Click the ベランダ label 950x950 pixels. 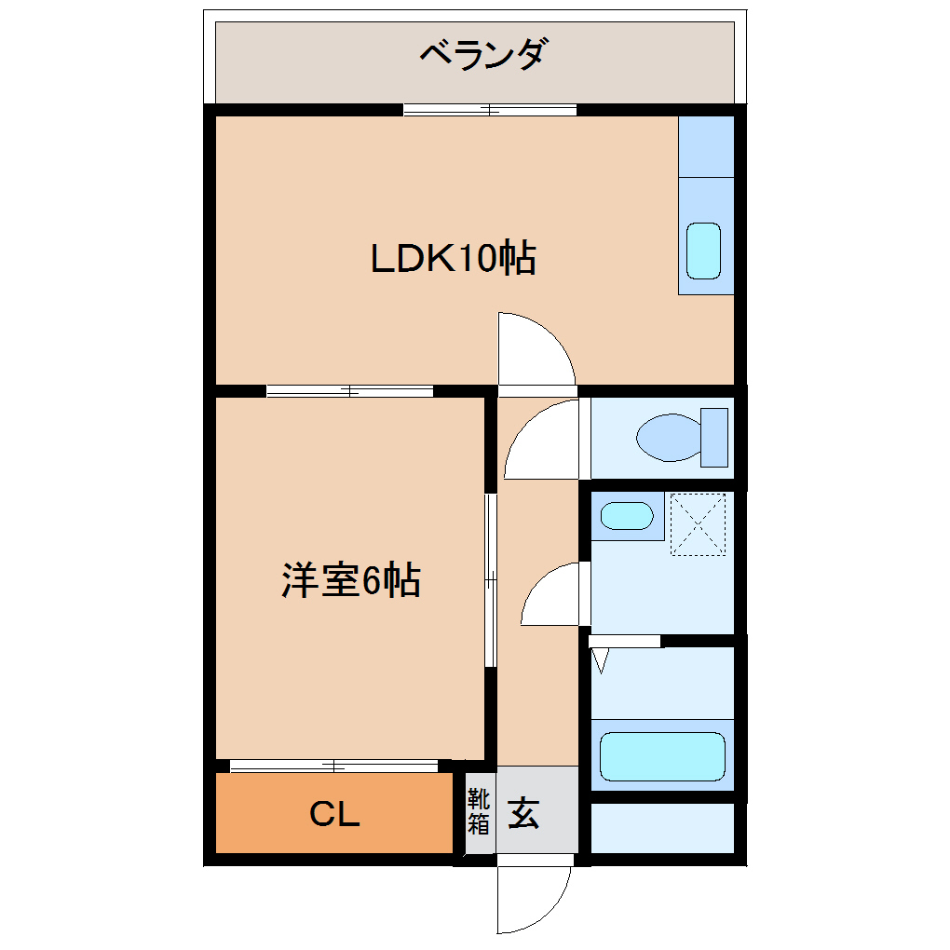[x=481, y=56]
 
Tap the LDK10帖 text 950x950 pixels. [x=454, y=258]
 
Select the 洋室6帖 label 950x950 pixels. [x=351, y=581]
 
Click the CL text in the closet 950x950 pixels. [x=334, y=816]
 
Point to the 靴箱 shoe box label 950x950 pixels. [x=478, y=811]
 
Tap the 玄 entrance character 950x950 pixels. [x=523, y=813]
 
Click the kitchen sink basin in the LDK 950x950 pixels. [x=703, y=251]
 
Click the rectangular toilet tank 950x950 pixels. [x=714, y=437]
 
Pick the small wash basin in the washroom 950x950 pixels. [x=626, y=515]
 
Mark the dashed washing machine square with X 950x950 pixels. [x=697, y=525]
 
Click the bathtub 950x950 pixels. [x=662, y=756]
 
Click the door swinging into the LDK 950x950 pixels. [x=533, y=348]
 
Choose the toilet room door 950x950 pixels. [x=544, y=440]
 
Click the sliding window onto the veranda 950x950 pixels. [x=490, y=110]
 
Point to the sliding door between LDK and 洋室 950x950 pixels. [x=349, y=391]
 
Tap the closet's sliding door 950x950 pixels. [x=333, y=767]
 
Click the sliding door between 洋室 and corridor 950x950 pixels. [x=490, y=580]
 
